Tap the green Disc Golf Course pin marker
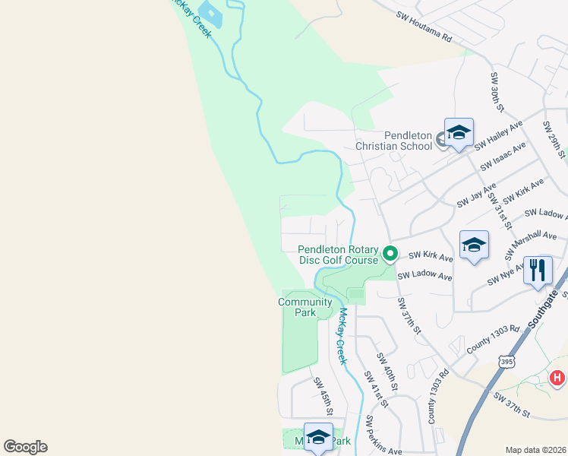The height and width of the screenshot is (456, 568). (x=390, y=253)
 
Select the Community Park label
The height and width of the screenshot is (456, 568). (x=305, y=307)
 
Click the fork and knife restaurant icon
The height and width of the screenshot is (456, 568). (x=538, y=271)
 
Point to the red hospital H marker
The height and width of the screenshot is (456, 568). (x=557, y=377)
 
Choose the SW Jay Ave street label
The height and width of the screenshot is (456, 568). (x=476, y=195)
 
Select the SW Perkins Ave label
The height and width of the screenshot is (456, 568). (x=383, y=435)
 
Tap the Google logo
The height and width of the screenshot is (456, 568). (x=25, y=447)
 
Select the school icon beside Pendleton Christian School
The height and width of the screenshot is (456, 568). (x=459, y=135)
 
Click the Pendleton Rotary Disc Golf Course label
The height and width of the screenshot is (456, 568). (x=338, y=255)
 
